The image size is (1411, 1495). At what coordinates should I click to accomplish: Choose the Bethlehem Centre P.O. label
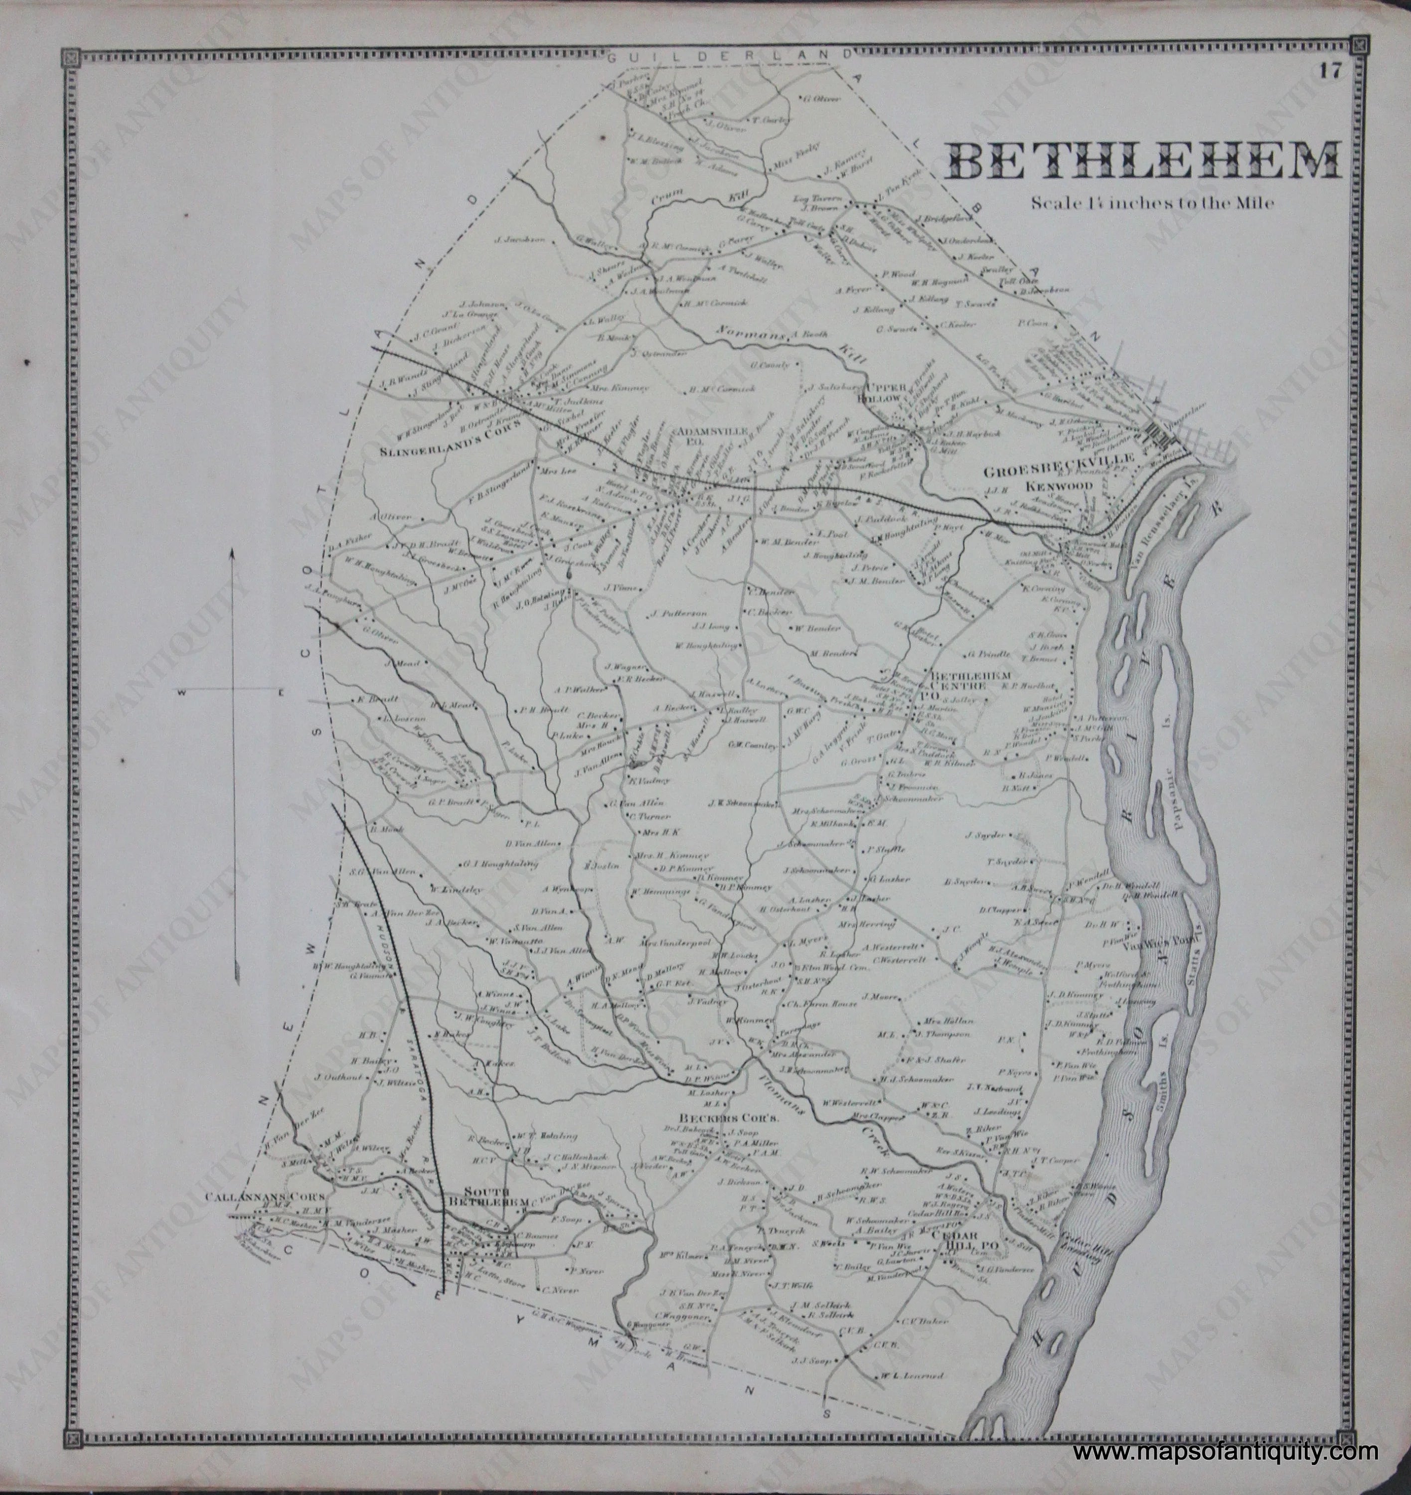pyautogui.click(x=959, y=685)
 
